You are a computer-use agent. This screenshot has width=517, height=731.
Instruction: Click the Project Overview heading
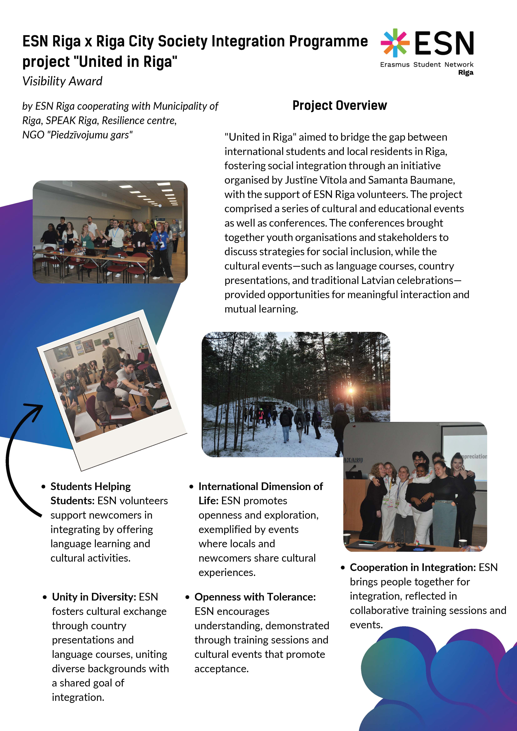pyautogui.click(x=340, y=105)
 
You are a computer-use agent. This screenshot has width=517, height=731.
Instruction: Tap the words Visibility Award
pyautogui.click(x=62, y=81)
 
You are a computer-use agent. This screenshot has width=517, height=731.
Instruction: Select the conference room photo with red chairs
pyautogui.click(x=110, y=232)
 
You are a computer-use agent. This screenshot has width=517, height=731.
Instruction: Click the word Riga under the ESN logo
pyautogui.click(x=466, y=73)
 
